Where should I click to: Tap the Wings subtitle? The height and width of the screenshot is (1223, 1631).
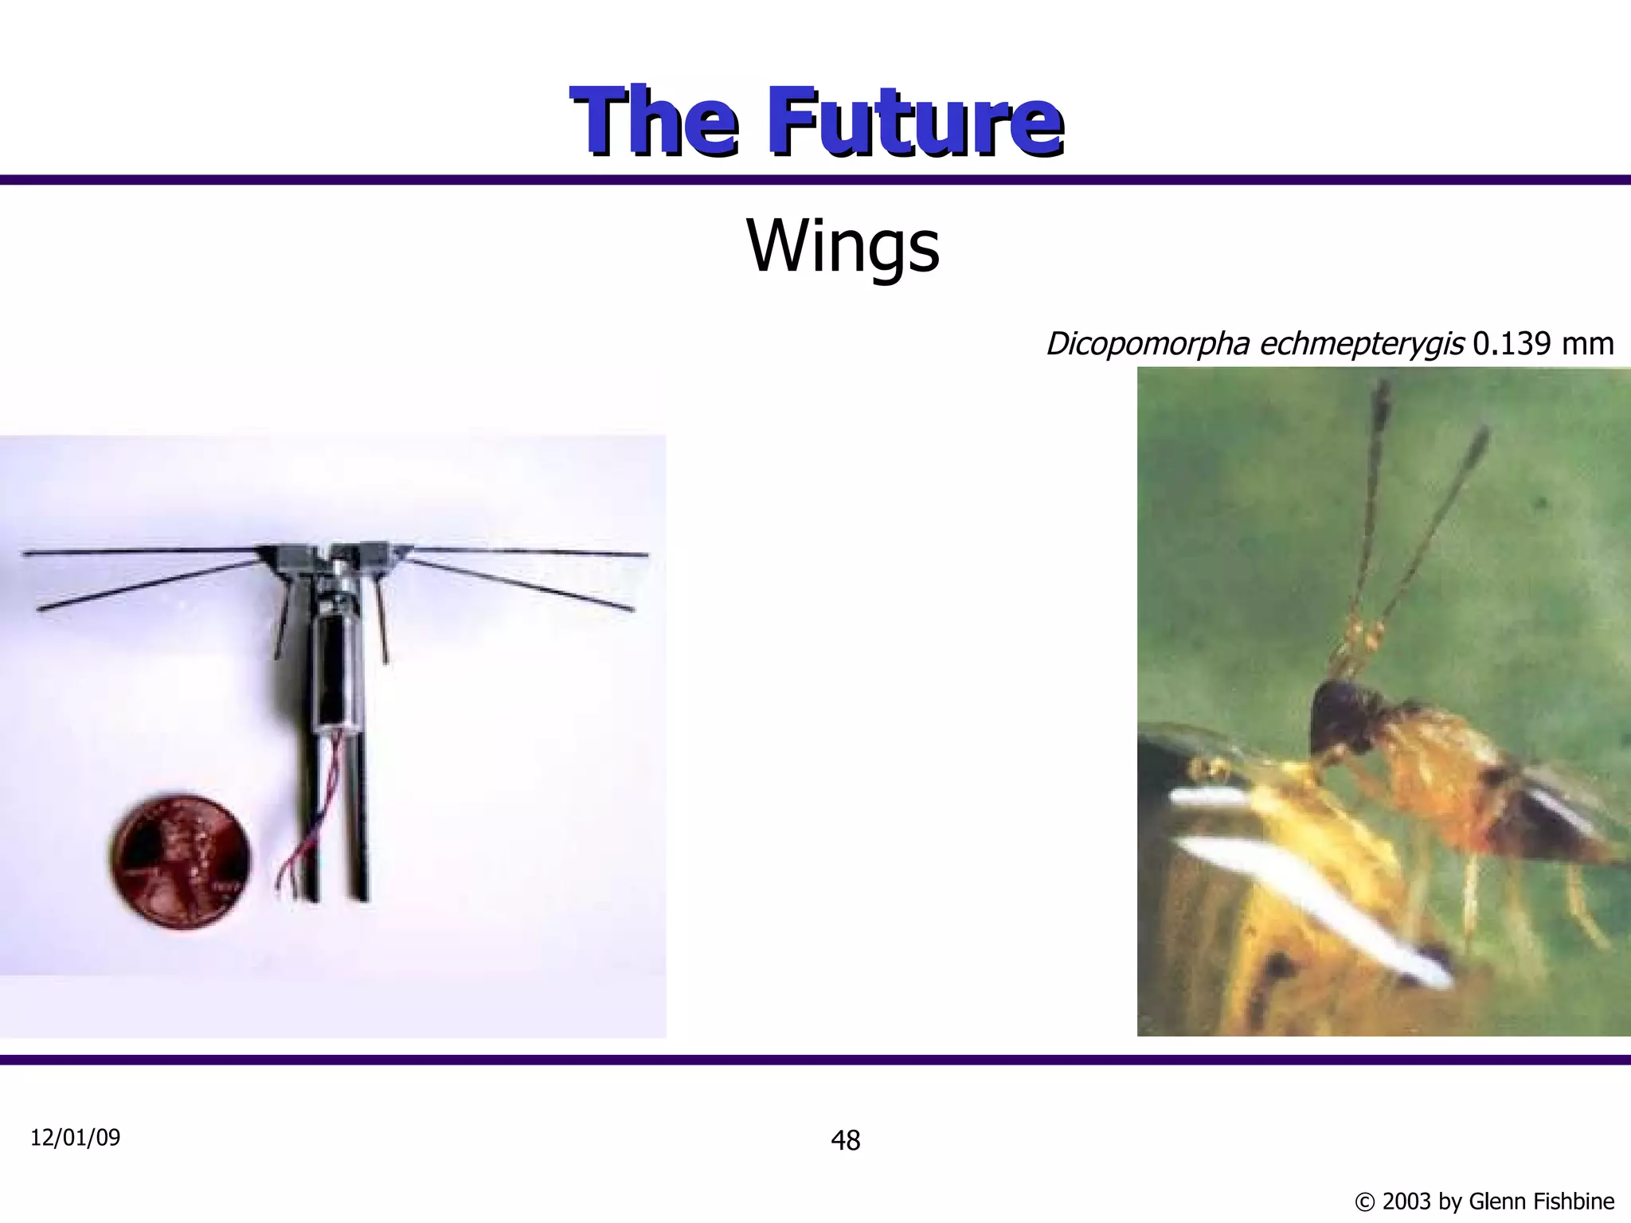pyautogui.click(x=843, y=246)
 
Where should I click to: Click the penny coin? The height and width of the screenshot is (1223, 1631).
pyautogui.click(x=182, y=859)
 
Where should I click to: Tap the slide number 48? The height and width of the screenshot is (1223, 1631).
pyautogui.click(x=845, y=1141)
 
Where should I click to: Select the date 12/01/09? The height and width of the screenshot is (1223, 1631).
pyautogui.click(x=75, y=1138)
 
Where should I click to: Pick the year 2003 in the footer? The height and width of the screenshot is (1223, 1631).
pyautogui.click(x=1409, y=1202)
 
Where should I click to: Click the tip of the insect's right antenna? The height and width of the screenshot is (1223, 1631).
pyautogui.click(x=1482, y=434)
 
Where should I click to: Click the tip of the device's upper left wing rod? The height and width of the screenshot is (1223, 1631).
pyautogui.click(x=26, y=553)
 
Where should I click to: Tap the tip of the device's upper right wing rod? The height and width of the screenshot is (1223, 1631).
pyautogui.click(x=645, y=555)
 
